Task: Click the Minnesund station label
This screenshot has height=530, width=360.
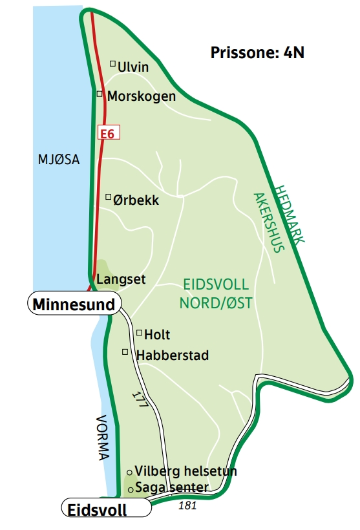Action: click(x=74, y=304)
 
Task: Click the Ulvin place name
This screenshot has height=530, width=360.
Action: click(x=133, y=67)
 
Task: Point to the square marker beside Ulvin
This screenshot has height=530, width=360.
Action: click(x=112, y=63)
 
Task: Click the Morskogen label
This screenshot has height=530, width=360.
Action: click(x=142, y=96)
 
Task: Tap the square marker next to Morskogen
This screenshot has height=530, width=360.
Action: click(x=100, y=94)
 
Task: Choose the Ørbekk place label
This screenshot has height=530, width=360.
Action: click(x=136, y=200)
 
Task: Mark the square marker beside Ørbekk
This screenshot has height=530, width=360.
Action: click(x=109, y=196)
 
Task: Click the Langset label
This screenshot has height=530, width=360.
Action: click(x=121, y=279)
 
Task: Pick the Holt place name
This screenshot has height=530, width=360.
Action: click(x=157, y=335)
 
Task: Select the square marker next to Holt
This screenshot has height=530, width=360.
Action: click(x=139, y=332)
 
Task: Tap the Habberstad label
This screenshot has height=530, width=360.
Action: click(x=173, y=355)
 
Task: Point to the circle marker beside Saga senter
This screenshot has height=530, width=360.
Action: click(x=130, y=490)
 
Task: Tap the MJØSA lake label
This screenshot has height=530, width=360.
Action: click(x=58, y=160)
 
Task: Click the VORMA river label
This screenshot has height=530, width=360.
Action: click(x=102, y=437)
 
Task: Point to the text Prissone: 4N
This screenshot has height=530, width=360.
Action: click(x=257, y=53)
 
